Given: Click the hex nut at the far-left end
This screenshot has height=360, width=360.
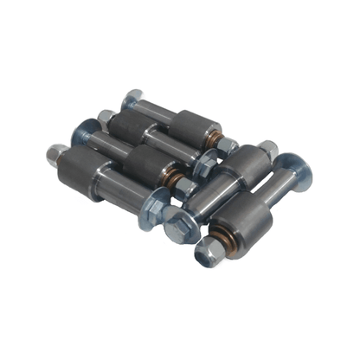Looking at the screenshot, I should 58,157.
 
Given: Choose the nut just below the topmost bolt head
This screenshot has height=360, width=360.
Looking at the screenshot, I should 106,118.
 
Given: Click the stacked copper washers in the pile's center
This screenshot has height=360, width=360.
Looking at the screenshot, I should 177,180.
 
